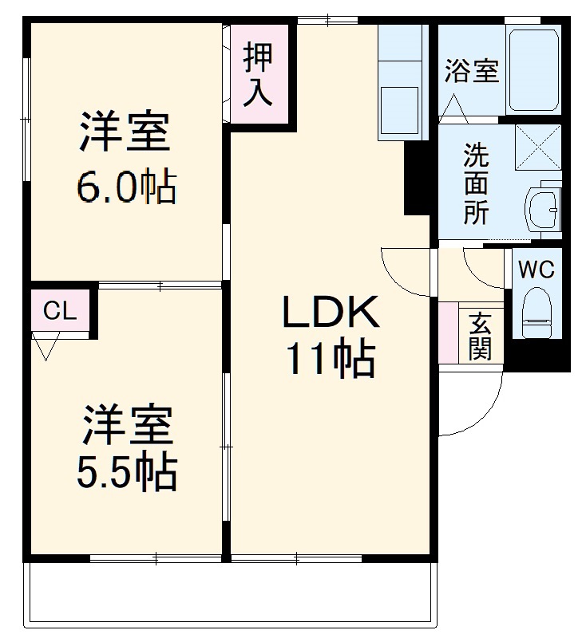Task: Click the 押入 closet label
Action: pos(259,76)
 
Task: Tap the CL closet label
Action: pos(59,311)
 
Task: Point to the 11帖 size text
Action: pos(331,361)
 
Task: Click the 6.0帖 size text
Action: pos(125,188)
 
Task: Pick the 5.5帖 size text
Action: pos(125,474)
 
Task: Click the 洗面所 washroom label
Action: pos(476,185)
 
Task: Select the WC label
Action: pos(537,270)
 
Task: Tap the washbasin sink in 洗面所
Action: pos(543,211)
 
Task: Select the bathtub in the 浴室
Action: pos(534,70)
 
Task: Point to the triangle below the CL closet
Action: pos(46,347)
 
